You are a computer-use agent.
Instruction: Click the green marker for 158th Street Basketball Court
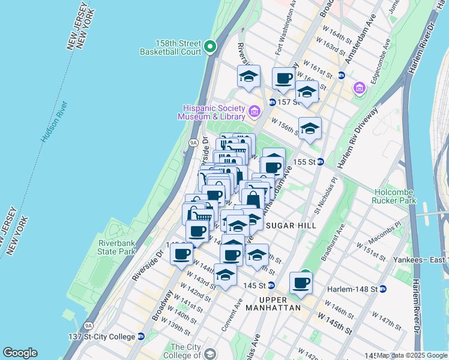coord(210,46)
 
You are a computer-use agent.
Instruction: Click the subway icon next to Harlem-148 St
coord(383,289)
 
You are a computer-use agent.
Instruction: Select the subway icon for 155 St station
coord(321,161)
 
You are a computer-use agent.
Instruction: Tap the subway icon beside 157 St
coord(272,102)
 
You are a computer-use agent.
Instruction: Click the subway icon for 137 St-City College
coord(141,337)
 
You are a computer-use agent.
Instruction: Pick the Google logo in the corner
coord(20,353)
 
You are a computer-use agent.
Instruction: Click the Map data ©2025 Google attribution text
coord(412,356)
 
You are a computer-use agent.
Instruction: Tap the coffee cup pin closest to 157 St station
coord(283,78)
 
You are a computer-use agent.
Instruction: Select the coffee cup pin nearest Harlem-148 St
coord(301,282)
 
